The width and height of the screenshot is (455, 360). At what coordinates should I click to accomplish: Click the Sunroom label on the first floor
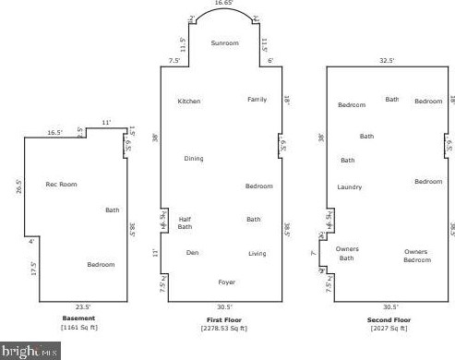(x=224, y=43)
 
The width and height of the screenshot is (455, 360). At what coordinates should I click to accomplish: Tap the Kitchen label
(x=189, y=101)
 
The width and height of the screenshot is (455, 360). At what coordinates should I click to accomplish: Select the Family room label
(x=257, y=99)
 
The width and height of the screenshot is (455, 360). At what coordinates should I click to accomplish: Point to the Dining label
(x=193, y=159)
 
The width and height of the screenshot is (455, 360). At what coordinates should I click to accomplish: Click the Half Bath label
(x=185, y=222)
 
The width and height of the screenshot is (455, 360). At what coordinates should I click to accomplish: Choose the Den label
(x=192, y=252)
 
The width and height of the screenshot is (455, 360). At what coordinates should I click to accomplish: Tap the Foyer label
(x=226, y=282)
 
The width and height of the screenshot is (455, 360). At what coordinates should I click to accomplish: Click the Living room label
(x=257, y=253)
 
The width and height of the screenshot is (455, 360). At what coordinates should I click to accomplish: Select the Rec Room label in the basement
(x=62, y=185)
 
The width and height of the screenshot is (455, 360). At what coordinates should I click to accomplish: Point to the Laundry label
(x=350, y=187)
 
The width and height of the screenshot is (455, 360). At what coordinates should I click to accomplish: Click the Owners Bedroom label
(x=417, y=255)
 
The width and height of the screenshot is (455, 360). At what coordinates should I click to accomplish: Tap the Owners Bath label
(x=347, y=253)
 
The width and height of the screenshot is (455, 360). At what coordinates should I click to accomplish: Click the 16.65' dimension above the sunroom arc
(x=224, y=4)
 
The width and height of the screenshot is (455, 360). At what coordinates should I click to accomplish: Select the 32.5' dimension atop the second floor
(x=388, y=61)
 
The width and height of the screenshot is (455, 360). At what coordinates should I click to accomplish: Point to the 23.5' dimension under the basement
(x=83, y=306)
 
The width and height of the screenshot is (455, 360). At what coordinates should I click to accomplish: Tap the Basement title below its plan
(x=79, y=318)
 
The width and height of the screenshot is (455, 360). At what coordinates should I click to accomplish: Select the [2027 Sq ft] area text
(x=388, y=328)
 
